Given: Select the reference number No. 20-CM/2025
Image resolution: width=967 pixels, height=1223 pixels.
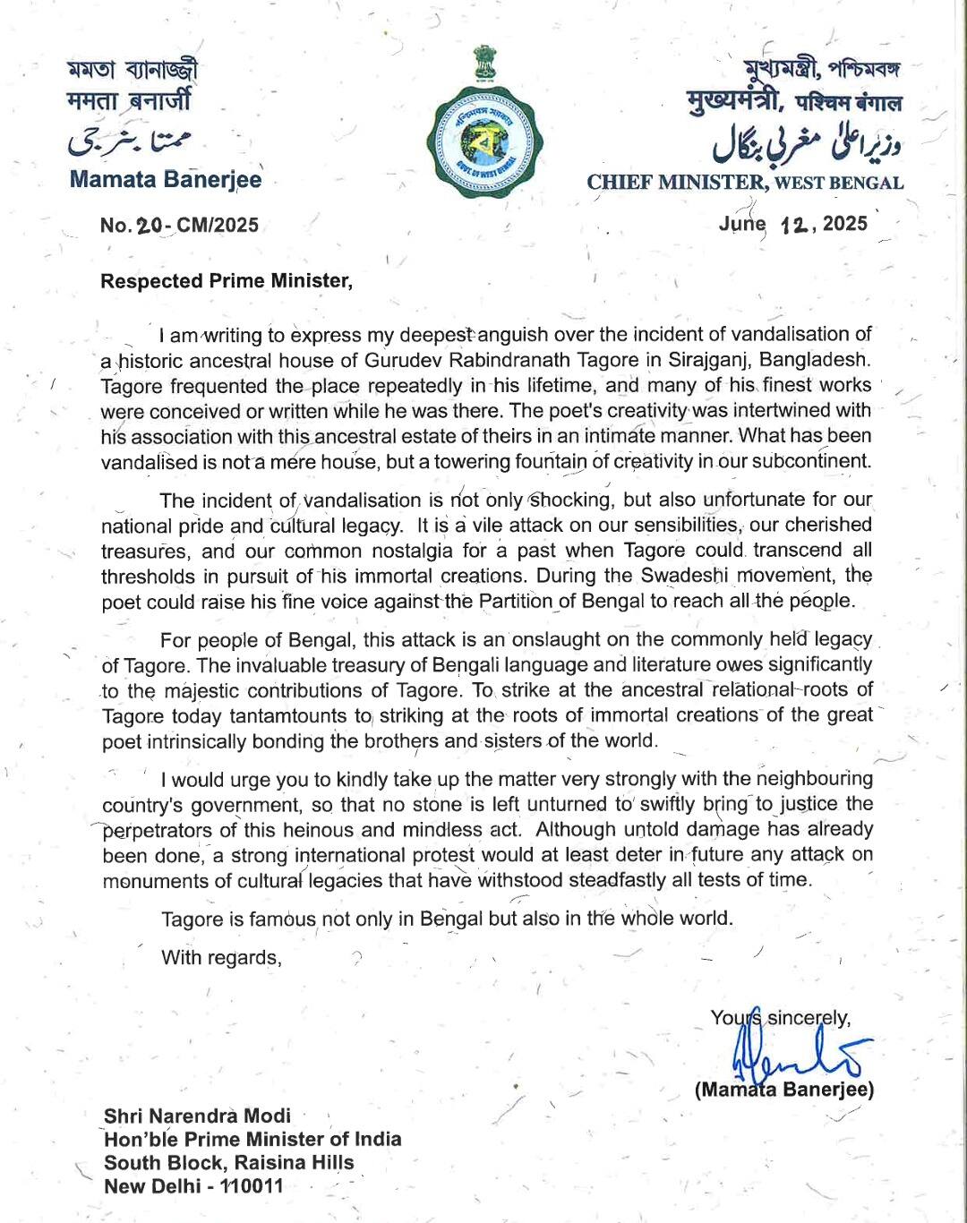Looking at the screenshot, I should pos(179,225).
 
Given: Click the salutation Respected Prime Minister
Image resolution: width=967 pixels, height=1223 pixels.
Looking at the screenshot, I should pos(227,281).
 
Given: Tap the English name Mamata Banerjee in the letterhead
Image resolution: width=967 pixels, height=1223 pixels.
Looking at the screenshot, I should pos(166,179).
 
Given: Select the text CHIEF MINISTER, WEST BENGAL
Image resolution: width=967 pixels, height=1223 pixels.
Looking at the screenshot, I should pos(745,183).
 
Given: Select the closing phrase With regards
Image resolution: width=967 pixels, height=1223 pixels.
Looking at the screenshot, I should pos(221,958).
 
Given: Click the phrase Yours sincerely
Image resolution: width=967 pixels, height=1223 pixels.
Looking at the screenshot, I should pos(780,1018).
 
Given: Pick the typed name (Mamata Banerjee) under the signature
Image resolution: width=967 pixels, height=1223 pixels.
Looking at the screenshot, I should pos(784,1090).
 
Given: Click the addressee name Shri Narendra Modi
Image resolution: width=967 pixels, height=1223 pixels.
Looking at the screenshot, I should pos(198,1116).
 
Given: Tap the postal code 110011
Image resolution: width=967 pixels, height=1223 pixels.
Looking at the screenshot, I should pos(252,1186).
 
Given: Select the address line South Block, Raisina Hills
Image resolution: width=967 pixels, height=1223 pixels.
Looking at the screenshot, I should pos(229,1163).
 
